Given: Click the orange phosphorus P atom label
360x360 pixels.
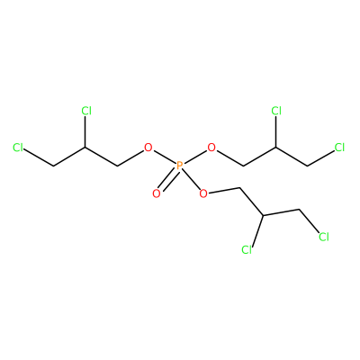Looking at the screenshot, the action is pyautogui.click(x=180, y=166).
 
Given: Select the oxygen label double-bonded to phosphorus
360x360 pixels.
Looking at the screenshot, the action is pyautogui.click(x=157, y=193).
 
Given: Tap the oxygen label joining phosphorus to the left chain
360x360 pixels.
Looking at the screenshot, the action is pyautogui.click(x=148, y=148).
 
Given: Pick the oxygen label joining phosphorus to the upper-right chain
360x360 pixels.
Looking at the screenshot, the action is pyautogui.click(x=211, y=148).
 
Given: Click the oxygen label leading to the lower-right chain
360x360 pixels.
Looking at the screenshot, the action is pyautogui.click(x=203, y=193).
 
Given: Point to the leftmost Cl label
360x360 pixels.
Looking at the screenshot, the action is pyautogui.click(x=18, y=148).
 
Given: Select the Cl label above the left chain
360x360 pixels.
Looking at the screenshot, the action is pyautogui.click(x=86, y=111).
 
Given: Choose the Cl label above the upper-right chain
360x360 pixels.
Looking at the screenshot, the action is pyautogui.click(x=276, y=111).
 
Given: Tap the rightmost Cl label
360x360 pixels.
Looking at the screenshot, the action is pyautogui.click(x=339, y=148).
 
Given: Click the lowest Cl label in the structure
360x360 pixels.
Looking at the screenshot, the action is pyautogui.click(x=247, y=249).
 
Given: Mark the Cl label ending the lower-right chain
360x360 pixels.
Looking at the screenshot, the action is pyautogui.click(x=324, y=237).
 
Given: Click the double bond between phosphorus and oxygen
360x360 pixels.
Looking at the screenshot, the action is pyautogui.click(x=168, y=179).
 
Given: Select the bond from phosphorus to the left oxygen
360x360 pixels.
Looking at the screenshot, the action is pyautogui.click(x=165, y=157).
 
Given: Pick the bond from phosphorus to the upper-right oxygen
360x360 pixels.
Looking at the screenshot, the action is pyautogui.click(x=195, y=157).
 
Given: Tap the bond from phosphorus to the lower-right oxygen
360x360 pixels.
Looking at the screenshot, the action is pyautogui.click(x=191, y=179).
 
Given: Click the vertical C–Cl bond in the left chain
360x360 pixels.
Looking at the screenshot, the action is pyautogui.click(x=85, y=132).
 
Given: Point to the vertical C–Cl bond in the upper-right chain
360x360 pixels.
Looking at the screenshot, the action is pyautogui.click(x=275, y=132).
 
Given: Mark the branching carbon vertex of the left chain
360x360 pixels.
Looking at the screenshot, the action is pyautogui.click(x=85, y=148).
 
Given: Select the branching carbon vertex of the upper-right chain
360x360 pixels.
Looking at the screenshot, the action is pyautogui.click(x=275, y=148).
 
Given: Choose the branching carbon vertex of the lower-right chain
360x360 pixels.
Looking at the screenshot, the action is pyautogui.click(x=263, y=215).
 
